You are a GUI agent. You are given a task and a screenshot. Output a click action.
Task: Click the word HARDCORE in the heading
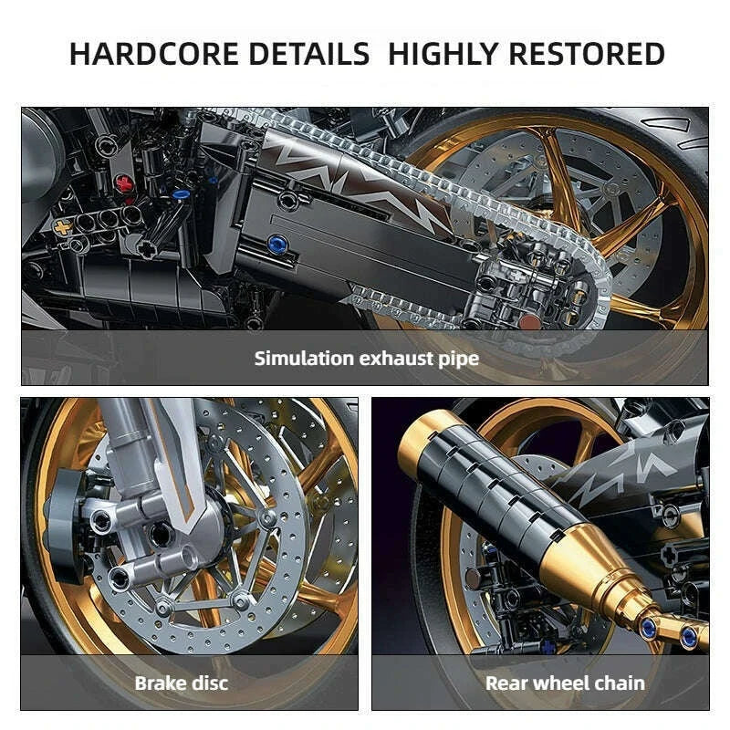coord(145,53)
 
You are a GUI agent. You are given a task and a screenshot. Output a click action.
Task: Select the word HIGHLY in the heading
coord(443,53)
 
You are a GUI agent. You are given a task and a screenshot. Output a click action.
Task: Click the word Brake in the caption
coord(161,683)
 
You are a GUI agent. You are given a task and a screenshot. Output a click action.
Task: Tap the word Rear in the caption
coord(507,683)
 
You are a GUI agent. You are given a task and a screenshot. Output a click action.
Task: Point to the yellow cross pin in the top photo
coord(62,225)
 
